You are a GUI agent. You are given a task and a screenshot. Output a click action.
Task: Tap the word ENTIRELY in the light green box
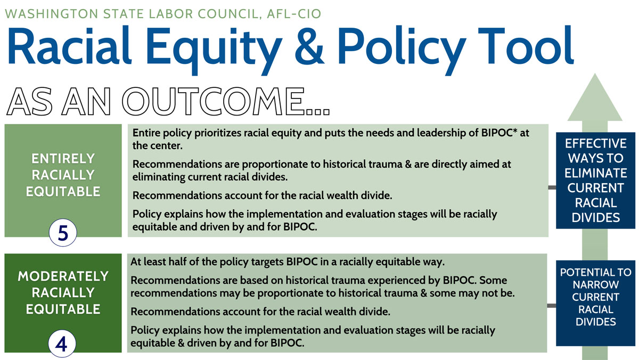63,159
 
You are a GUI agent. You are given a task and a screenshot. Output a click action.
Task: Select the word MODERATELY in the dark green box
63,276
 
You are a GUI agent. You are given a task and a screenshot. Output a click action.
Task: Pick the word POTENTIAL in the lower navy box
595,273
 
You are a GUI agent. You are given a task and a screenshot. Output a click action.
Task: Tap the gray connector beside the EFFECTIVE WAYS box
552,187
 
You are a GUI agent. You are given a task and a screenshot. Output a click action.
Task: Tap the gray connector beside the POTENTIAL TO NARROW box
552,305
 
